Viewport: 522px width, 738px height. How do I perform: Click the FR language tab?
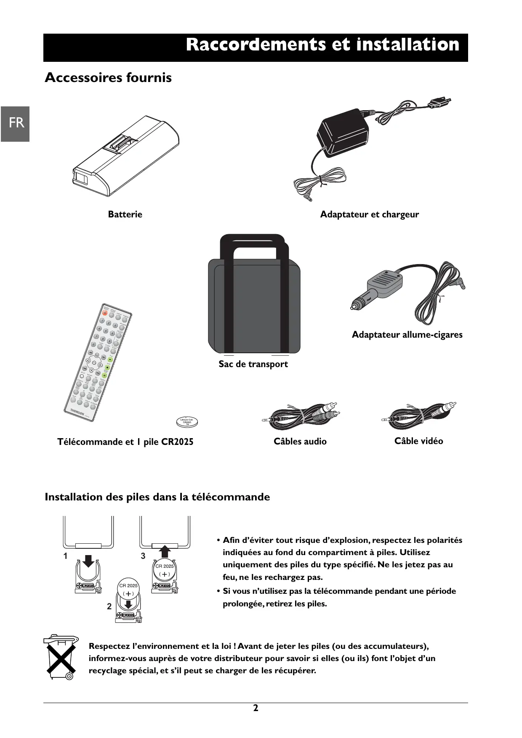pos(16,124)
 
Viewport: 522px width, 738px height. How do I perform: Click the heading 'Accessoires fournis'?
pos(108,78)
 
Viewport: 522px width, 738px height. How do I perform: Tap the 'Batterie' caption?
pos(125,214)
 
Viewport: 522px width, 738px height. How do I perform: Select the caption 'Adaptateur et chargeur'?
pos(369,214)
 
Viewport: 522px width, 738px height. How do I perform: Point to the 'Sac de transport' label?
pos(253,364)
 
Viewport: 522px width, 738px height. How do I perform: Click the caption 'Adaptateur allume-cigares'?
pos(407,335)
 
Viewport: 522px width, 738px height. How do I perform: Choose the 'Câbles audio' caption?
pos(300,442)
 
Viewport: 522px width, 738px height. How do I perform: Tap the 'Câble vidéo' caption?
pos(418,441)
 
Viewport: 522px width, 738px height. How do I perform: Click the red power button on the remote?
pos(105,313)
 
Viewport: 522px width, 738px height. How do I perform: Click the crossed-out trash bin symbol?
pos(61,657)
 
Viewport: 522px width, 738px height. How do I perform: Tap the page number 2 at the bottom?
pos(256,708)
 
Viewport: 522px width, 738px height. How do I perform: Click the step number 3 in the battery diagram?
pos(143,556)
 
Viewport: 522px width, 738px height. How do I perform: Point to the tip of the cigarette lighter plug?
pos(352,308)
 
